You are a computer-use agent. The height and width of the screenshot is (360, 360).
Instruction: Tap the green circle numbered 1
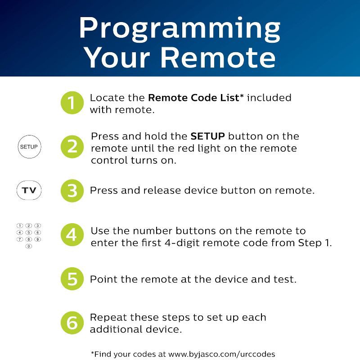coord(72,103)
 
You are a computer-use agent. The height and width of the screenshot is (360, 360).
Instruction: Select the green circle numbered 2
coord(72,147)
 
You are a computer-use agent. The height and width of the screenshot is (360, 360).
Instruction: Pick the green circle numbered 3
coord(72,191)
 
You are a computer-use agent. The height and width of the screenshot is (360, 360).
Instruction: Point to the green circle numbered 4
coord(72,235)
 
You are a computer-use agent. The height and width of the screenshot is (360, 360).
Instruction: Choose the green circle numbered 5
coord(72,279)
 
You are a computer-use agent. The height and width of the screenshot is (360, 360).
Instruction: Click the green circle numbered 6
coord(72,323)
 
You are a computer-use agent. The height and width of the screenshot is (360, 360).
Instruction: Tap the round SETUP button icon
coord(29,147)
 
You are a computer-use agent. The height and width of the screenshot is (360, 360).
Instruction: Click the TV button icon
coord(29,191)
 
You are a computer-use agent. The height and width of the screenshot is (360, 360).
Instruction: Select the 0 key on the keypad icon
coord(29,246)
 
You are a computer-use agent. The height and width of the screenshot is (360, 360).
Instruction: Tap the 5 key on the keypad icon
coord(29,233)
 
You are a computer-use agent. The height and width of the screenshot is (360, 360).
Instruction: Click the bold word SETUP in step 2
coord(207,136)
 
